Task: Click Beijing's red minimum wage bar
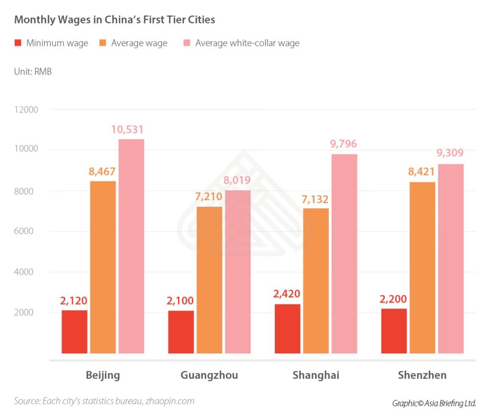tap(75, 332)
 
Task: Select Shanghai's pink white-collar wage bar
tap(344, 254)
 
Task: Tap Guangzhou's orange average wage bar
tap(209, 280)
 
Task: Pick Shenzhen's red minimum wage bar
tap(394, 331)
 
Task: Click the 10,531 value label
tap(128, 130)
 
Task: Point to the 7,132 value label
tap(315, 199)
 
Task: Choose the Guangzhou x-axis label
tap(209, 375)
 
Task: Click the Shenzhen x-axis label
tap(422, 375)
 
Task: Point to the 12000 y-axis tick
tap(25, 110)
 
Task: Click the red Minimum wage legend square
tap(18, 43)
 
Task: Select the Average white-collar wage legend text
tap(247, 43)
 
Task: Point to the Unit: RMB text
tap(33, 72)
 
